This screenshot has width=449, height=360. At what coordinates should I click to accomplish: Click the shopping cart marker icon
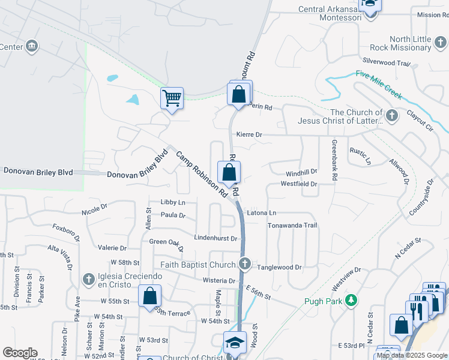pos(172,97)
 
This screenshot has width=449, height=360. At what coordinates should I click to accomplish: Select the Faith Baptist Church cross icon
pos(245,263)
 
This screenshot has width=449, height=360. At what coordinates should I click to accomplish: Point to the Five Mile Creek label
pos(378,84)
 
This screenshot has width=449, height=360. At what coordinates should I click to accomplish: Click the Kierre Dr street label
pos(249,135)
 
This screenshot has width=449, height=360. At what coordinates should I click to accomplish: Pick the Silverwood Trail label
pos(386,62)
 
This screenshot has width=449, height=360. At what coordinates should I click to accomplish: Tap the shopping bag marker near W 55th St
pos(150,296)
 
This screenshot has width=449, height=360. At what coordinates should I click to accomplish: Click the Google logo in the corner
pos(20,353)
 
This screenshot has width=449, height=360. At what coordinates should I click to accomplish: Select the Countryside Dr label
pos(421,197)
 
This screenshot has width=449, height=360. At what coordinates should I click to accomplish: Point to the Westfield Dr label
pos(298,184)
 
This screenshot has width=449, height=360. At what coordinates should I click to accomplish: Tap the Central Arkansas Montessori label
pos(330,13)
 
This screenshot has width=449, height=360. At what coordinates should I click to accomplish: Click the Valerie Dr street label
pos(112,248)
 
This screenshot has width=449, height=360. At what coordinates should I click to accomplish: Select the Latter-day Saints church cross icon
pos(392,116)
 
